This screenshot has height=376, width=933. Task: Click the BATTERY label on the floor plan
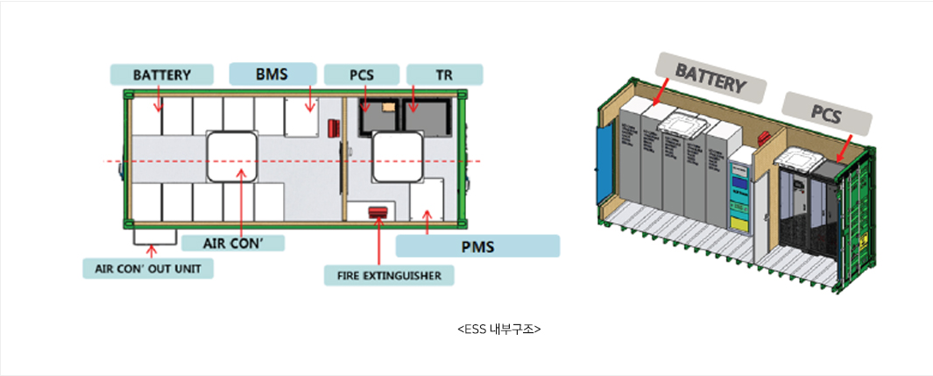tap(162, 74)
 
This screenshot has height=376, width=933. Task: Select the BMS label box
tap(272, 74)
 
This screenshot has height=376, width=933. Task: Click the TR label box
tap(444, 74)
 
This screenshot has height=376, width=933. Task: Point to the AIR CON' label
tap(232, 243)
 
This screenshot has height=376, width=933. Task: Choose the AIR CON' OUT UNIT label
tap(148, 268)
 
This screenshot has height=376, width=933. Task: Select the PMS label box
tap(477, 246)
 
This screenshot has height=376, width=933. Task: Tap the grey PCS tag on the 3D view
tap(826, 111)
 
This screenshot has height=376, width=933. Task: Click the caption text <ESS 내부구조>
tap(499, 330)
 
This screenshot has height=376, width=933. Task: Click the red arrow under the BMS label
tap(309, 101)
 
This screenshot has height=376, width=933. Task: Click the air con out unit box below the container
tap(154, 234)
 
